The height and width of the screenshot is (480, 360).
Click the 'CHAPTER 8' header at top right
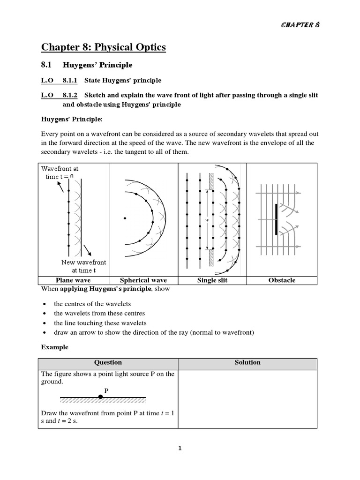pos(300,25)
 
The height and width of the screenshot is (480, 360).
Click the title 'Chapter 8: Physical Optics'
pos(103,47)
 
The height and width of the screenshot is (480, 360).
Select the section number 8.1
pos(48,65)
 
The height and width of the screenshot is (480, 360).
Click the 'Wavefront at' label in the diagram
pos(60,168)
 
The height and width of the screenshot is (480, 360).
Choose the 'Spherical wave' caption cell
pos(143,280)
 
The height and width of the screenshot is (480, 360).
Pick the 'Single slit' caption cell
pos(213,280)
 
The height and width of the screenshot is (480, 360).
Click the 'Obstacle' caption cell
pos(282,280)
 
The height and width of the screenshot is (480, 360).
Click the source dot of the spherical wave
pos(125,218)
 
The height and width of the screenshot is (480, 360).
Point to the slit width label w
pos(205,219)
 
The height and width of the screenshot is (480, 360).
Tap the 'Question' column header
pos(108,362)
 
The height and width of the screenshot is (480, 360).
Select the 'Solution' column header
pos(247,362)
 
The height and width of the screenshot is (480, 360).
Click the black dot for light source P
pos(100,397)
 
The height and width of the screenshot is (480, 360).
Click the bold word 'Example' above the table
pos(54,347)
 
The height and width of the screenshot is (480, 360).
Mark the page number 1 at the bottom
pos(180,448)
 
